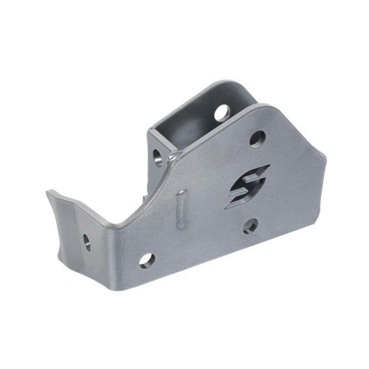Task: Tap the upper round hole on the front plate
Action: click(x=257, y=138)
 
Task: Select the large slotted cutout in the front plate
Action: click(x=247, y=185)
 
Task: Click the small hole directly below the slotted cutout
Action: click(x=249, y=226)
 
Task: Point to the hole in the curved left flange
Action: click(x=86, y=241)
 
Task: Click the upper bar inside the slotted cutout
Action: click(x=250, y=174)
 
